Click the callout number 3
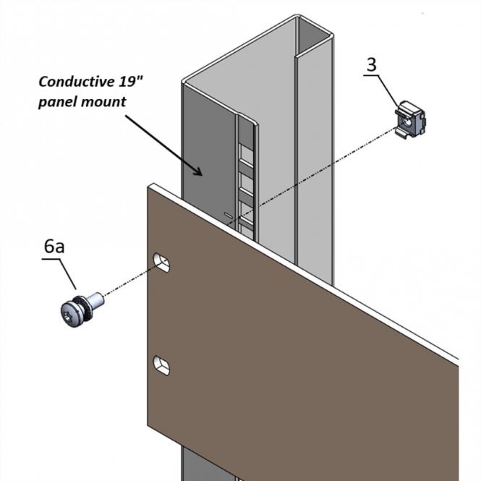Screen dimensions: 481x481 371,64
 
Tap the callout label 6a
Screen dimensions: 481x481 54,246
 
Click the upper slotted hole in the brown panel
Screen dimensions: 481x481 162,263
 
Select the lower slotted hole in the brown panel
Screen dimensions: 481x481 162,365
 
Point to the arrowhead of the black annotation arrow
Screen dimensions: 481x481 198,172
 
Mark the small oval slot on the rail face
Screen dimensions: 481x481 229,215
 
